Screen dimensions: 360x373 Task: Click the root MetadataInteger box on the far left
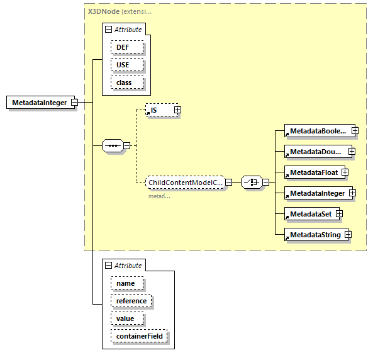coord(39,103)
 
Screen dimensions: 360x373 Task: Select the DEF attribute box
coord(127,47)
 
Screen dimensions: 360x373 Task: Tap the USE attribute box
coord(127,65)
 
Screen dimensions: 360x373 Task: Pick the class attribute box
coord(127,82)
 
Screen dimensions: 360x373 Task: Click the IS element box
coord(159,110)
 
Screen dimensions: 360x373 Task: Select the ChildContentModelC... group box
coord(185,183)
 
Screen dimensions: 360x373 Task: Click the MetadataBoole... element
coord(317,131)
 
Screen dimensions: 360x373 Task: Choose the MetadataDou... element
coord(315,152)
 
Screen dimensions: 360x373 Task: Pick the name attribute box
coord(126,283)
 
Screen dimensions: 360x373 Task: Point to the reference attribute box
coord(131,301)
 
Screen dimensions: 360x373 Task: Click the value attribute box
coord(126,318)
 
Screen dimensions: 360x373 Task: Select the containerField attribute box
coord(139,336)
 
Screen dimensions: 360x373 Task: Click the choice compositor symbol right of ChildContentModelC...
coord(251,183)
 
